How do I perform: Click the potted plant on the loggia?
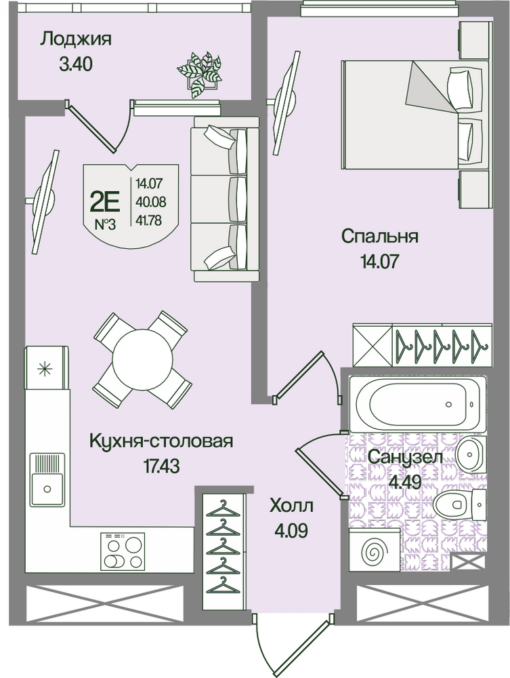click(200, 73)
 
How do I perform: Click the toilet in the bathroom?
click(459, 504)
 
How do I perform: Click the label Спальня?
click(379, 237)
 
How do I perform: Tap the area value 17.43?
click(161, 466)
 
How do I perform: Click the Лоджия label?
click(76, 40)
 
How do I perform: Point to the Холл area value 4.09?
click(291, 530)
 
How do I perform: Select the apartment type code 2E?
click(104, 201)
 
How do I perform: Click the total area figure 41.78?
click(149, 222)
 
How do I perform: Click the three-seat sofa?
click(226, 199)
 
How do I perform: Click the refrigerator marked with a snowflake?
click(47, 367)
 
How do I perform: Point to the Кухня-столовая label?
click(161, 441)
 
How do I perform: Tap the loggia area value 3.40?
click(76, 65)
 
